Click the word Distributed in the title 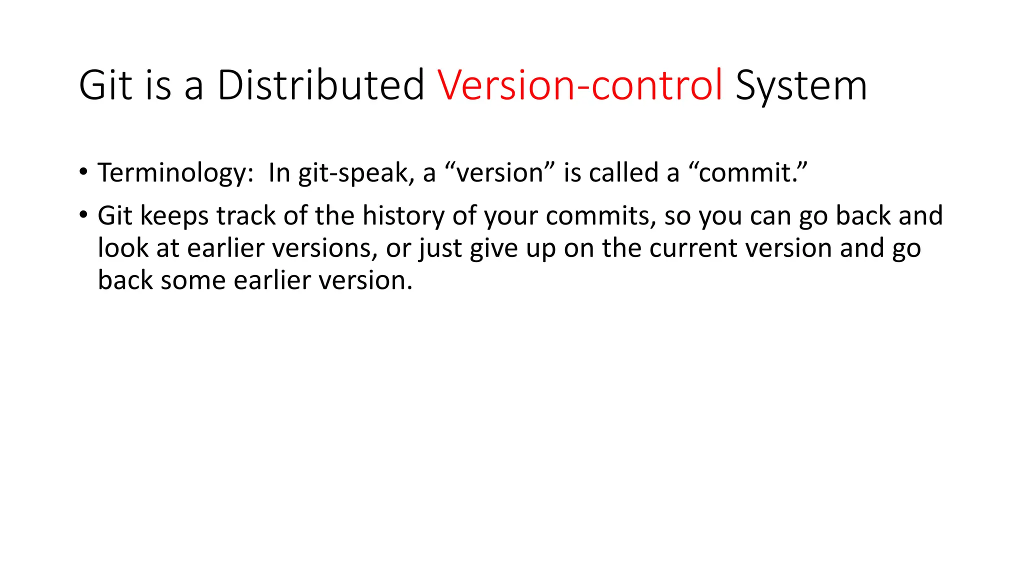pyautogui.click(x=320, y=85)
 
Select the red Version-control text pyautogui.click(x=580, y=85)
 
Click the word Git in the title pyautogui.click(x=106, y=85)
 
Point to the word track pyautogui.click(x=246, y=216)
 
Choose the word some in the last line pyautogui.click(x=192, y=280)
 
